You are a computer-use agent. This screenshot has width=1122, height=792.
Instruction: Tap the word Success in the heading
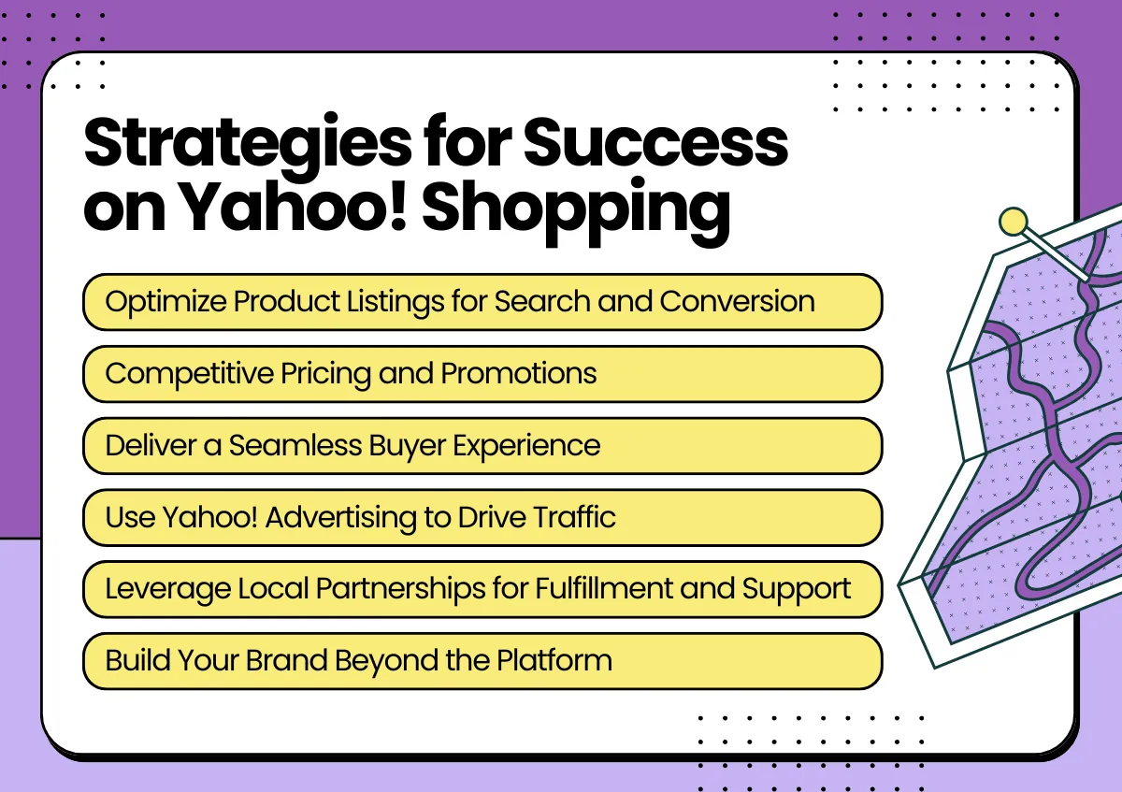(655, 142)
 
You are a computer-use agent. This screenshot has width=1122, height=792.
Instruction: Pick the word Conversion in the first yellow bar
(738, 302)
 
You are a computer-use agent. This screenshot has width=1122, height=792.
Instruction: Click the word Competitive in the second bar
(189, 375)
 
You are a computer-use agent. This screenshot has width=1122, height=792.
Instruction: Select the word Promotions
(519, 374)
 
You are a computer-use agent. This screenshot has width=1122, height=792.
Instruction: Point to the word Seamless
(295, 445)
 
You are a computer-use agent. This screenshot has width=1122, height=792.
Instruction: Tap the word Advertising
(340, 518)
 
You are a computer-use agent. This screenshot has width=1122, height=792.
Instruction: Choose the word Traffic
(574, 516)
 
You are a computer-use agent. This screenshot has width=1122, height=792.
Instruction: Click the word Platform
(554, 660)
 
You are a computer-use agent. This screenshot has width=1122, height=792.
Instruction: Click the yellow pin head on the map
(1013, 221)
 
